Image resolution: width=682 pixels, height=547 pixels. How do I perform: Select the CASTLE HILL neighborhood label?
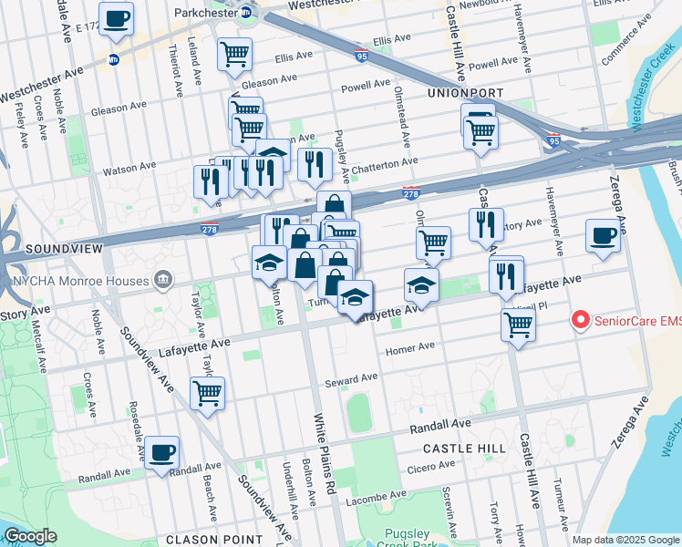tap(464, 449)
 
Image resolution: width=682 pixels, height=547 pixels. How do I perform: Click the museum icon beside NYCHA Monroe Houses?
tap(163, 277)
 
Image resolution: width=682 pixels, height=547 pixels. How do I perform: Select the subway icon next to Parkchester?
tap(245, 14)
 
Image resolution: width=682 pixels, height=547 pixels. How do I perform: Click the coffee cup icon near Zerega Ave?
tap(603, 235)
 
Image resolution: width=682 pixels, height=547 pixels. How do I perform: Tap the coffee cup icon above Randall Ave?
tap(161, 452)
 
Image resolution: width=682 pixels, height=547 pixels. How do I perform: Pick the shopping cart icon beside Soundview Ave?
tap(207, 393)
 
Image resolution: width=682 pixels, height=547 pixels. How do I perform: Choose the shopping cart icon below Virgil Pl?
tap(518, 325)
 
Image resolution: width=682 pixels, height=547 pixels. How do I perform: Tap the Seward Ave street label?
tap(356, 377)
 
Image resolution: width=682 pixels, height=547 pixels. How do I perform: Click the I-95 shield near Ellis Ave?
tap(361, 56)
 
